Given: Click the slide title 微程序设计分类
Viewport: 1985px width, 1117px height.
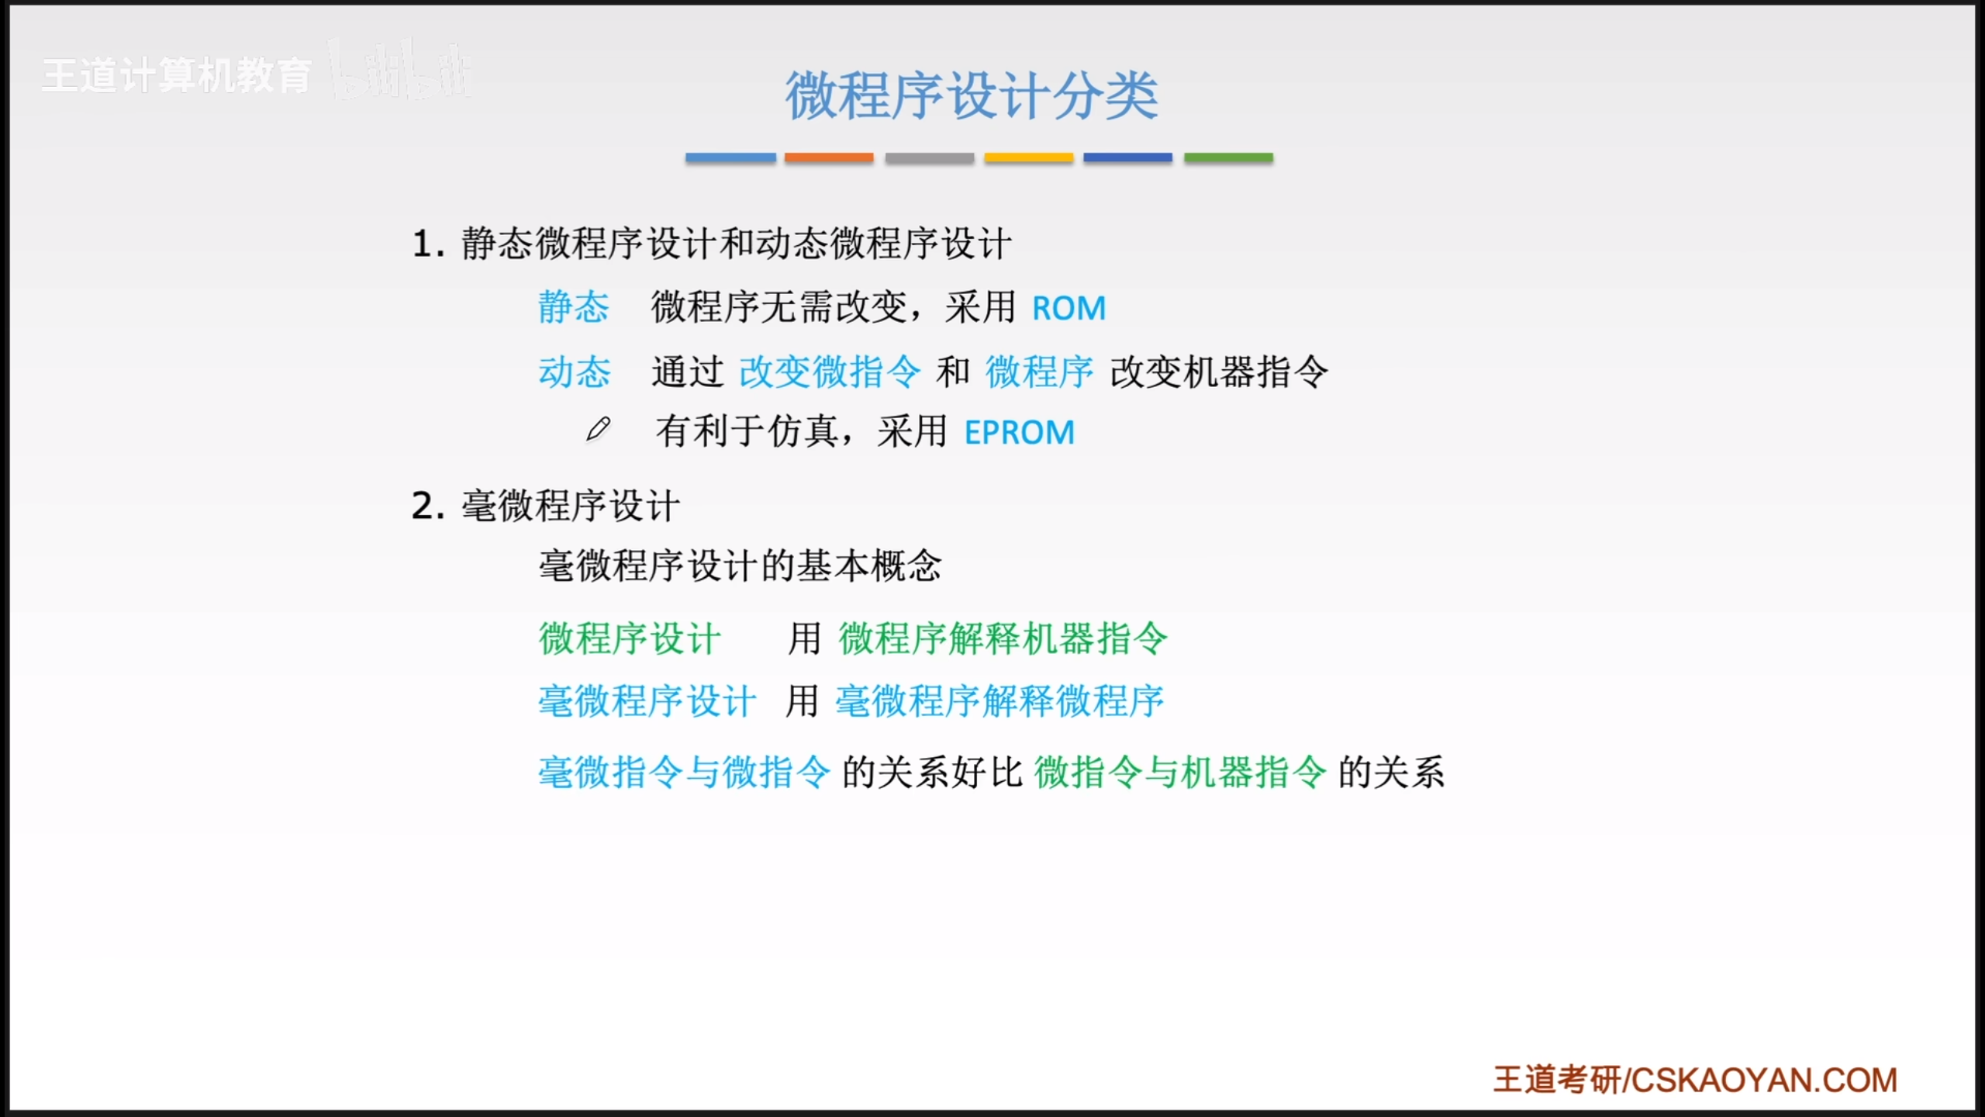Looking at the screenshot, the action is (972, 96).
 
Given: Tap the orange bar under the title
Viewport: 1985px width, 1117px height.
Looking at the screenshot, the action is (829, 157).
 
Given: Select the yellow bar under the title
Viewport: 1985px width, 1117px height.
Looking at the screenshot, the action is (1029, 157).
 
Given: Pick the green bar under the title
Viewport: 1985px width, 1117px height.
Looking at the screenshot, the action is (1228, 157).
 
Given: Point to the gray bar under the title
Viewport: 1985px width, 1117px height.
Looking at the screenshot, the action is (930, 157).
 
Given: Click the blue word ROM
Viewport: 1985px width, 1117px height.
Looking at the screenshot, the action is (1068, 309).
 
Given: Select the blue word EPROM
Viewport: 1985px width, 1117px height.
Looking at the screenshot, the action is (1020, 433).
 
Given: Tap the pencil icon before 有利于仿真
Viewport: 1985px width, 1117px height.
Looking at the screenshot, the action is (598, 429).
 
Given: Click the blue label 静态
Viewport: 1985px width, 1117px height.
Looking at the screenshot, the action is (574, 307).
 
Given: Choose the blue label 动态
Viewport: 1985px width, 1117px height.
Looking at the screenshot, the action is (574, 372).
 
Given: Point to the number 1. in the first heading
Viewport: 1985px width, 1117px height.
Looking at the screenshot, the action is (429, 244).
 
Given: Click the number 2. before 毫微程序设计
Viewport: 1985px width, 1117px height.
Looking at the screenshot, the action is (429, 507).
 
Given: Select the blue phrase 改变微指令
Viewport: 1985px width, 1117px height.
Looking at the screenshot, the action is (830, 372).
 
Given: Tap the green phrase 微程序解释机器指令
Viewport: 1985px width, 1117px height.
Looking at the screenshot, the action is (1003, 639).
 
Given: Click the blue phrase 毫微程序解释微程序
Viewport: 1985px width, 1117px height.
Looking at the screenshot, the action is (999, 701).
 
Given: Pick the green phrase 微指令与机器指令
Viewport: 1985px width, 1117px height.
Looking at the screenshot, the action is (1180, 773).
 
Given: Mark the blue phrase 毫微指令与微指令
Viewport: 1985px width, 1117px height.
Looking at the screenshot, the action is (684, 773).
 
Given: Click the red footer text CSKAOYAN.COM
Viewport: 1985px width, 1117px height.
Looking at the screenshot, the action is (1765, 1081).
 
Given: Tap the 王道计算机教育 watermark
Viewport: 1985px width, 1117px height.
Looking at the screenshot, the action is (177, 76).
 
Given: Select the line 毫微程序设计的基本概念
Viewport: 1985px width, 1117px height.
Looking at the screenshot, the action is (740, 566).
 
